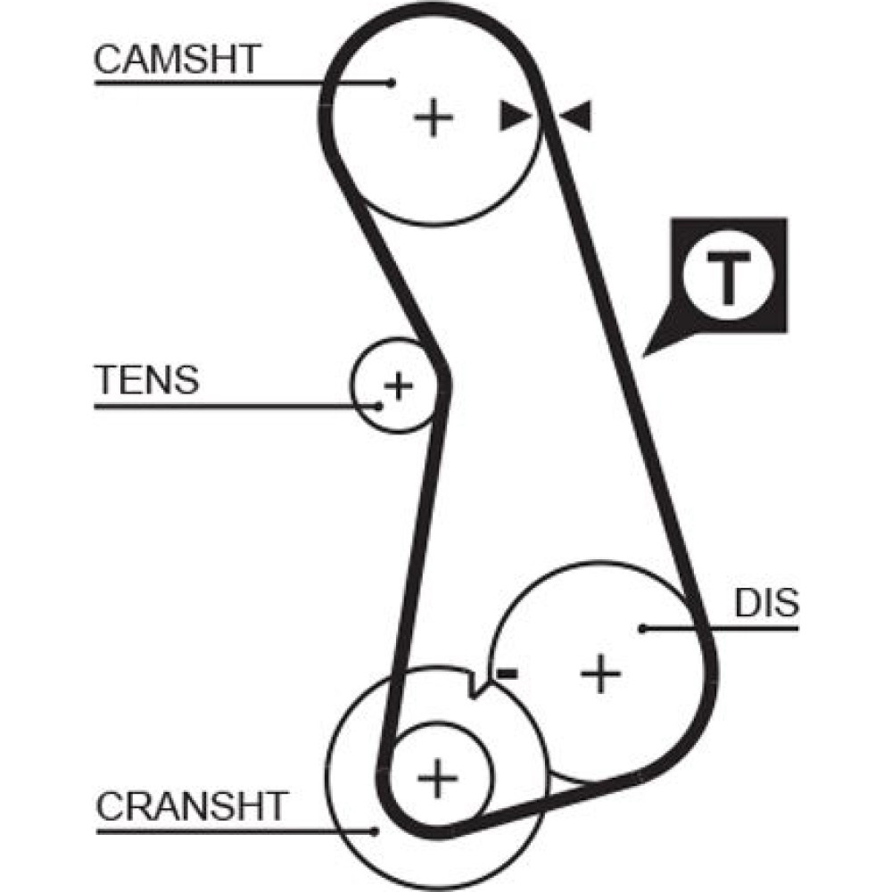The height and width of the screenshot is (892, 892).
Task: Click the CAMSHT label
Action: click(177, 60)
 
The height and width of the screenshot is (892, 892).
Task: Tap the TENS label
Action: click(146, 381)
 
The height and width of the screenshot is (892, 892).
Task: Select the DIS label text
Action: click(766, 604)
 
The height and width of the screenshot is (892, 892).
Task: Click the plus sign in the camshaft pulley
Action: click(434, 117)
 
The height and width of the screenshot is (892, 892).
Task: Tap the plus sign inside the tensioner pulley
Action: click(398, 385)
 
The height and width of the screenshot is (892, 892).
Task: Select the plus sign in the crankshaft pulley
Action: click(437, 778)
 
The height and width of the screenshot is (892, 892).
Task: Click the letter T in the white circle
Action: click(728, 277)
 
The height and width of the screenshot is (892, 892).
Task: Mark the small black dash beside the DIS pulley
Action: click(508, 673)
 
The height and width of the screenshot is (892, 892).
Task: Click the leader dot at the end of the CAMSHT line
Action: click(392, 83)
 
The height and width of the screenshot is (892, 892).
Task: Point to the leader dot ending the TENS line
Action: click(379, 406)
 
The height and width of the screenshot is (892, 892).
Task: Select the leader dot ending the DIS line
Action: click(642, 628)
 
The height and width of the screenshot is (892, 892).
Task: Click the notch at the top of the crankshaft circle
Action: click(474, 687)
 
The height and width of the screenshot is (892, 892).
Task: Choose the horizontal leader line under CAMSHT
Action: click(241, 83)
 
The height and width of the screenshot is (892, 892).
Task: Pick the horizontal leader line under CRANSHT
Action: click(236, 830)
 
